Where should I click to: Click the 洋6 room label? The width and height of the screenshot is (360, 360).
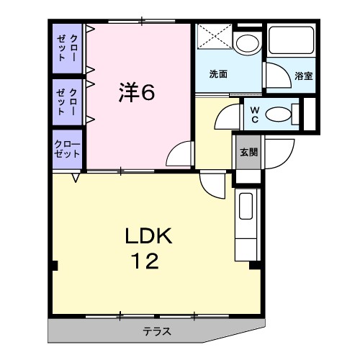137,92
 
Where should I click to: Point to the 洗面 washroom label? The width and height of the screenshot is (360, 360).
219,73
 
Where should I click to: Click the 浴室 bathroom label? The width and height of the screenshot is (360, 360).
303,74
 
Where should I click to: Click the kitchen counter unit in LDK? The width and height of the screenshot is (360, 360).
246,216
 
